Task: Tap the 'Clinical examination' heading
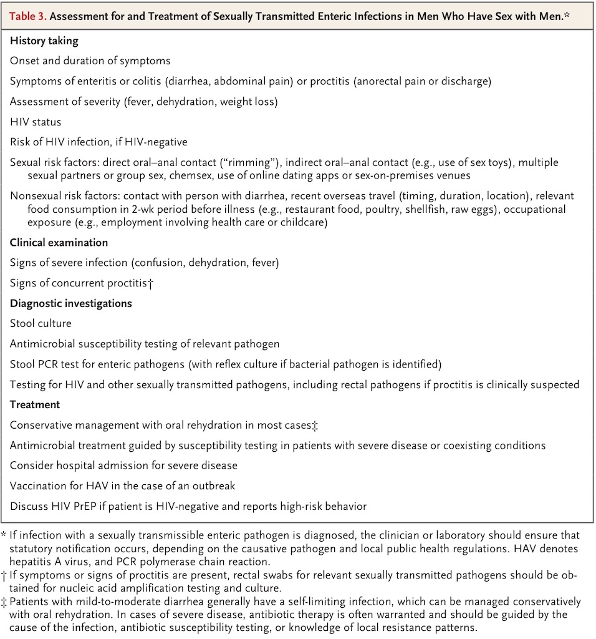pos(59,242)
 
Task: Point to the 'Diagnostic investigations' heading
pos(70,303)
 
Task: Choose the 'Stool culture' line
pos(41,323)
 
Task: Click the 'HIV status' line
pos(36,122)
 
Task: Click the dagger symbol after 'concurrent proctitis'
pos(151,283)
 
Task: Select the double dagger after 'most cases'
pos(315,426)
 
